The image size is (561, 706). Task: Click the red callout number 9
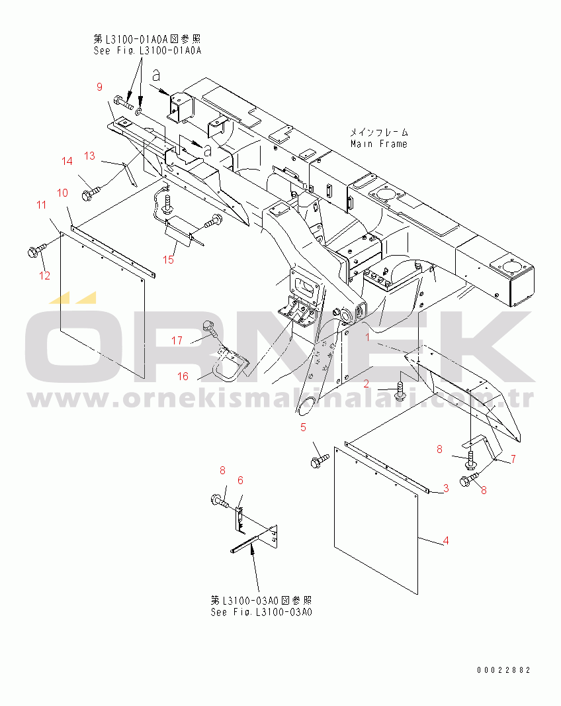click(x=99, y=87)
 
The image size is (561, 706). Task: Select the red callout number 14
click(x=67, y=161)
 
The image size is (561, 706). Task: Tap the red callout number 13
click(x=89, y=156)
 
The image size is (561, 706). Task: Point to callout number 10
click(x=63, y=193)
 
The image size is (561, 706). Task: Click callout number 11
click(x=42, y=205)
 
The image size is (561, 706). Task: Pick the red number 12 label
click(x=44, y=276)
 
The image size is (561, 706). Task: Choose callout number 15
click(x=168, y=260)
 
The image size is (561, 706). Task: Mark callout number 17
click(x=177, y=340)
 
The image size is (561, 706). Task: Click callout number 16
click(x=183, y=376)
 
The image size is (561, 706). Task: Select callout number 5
click(x=303, y=427)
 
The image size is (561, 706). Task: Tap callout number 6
click(x=240, y=480)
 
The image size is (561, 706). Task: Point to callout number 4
click(x=446, y=540)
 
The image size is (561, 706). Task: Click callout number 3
click(x=446, y=488)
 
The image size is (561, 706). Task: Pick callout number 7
click(x=513, y=459)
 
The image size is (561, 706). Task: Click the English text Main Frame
click(x=379, y=144)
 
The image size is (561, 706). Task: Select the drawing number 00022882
click(x=504, y=670)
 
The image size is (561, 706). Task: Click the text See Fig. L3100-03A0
click(x=261, y=612)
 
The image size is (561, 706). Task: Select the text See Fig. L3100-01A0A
click(x=148, y=50)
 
